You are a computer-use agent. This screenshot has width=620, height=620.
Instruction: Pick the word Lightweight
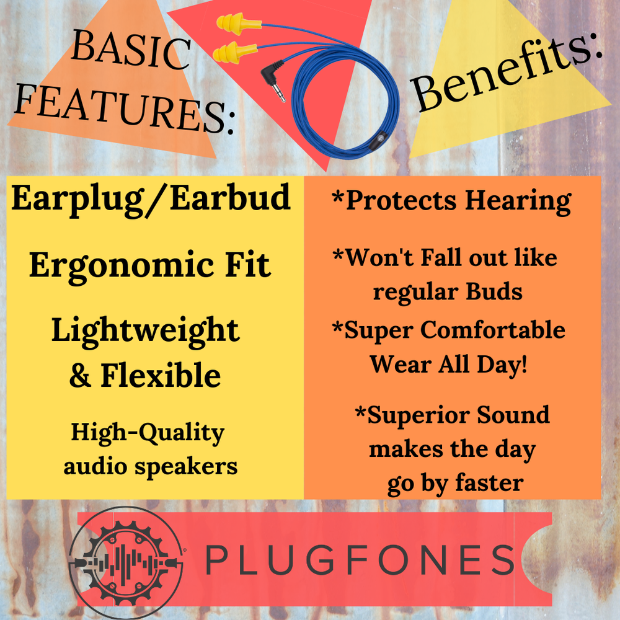coord(145,331)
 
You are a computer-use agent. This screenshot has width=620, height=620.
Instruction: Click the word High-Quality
coord(148,434)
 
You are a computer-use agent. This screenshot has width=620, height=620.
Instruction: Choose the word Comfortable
coord(493,330)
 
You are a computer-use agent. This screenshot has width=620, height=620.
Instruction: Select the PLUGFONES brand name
coord(360,560)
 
